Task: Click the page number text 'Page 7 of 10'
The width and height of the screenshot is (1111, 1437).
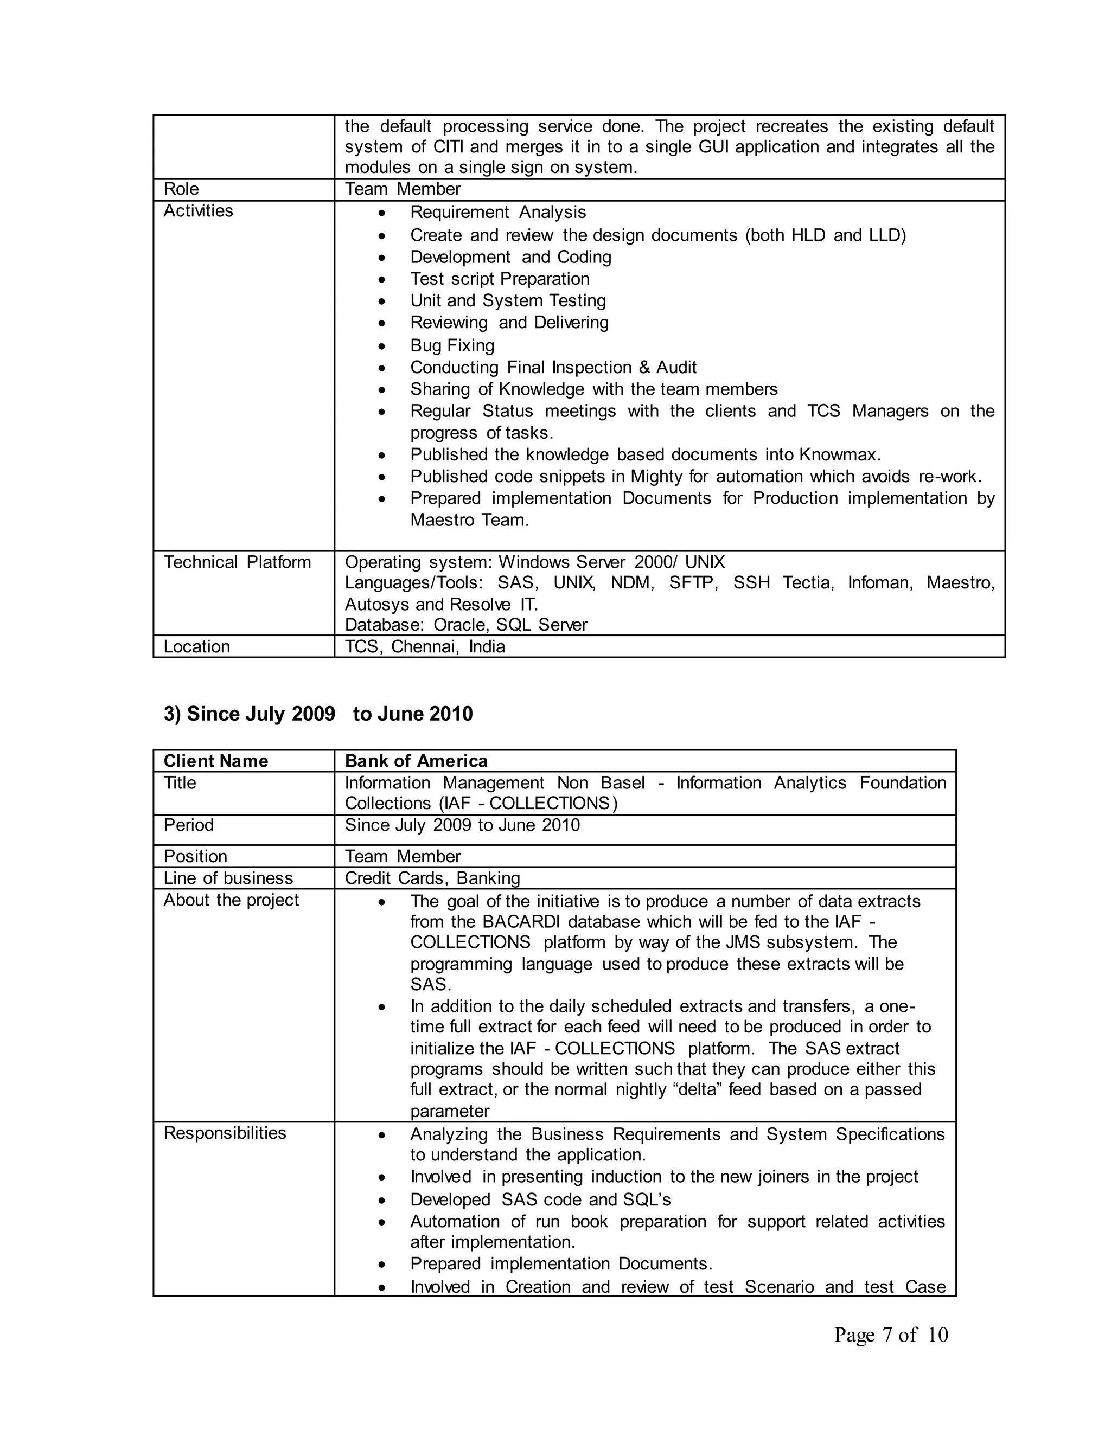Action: pos(891,1335)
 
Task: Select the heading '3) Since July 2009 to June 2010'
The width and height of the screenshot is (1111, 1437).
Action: pos(318,714)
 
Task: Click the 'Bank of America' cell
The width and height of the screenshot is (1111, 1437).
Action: pos(416,761)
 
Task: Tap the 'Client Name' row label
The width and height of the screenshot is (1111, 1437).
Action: pos(216,761)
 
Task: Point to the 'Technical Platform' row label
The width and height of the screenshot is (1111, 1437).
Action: pos(237,562)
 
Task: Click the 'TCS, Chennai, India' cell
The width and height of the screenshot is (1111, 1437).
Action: pos(425,647)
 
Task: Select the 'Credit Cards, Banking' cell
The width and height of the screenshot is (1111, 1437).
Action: pos(432,878)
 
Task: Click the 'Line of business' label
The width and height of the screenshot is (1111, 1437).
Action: pos(228,878)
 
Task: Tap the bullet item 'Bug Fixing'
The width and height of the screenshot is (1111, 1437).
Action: pos(452,345)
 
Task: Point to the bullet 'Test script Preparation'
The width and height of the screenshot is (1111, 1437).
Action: pos(500,279)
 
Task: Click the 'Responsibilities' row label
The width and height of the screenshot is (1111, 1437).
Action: pos(225,1133)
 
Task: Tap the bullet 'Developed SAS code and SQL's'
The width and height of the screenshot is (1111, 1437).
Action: pos(540,1199)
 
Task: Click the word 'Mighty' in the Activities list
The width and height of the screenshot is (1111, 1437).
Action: pos(657,476)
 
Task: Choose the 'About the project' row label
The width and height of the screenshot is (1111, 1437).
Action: pos(231,900)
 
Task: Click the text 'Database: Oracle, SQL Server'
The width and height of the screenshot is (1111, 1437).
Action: pos(465,625)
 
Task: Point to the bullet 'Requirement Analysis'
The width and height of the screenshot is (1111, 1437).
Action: pos(497,213)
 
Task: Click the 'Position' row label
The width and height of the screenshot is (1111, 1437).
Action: pos(195,857)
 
